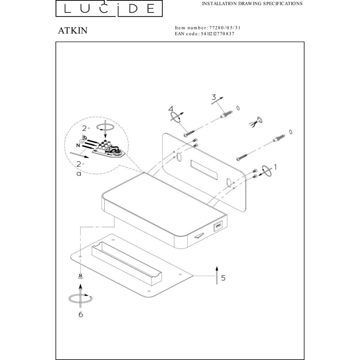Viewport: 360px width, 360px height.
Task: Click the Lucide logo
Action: tap(109, 8)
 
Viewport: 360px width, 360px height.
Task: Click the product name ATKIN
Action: tap(73, 30)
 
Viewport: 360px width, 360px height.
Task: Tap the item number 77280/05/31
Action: tap(225, 28)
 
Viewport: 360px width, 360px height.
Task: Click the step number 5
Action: tap(223, 278)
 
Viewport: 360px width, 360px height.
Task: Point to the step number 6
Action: tap(81, 314)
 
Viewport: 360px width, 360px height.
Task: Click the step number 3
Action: tap(214, 97)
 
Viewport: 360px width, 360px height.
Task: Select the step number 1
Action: tap(275, 167)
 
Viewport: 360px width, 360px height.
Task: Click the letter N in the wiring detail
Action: tap(78, 145)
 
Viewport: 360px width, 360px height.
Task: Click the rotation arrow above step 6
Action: tap(81, 298)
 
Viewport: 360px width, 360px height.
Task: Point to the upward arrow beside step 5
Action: tap(216, 275)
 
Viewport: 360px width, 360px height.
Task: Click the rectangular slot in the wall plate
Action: tap(204, 170)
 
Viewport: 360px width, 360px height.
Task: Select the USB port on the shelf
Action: tap(219, 226)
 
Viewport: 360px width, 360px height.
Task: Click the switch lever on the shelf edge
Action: tap(199, 236)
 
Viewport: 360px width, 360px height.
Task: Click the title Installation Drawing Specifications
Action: tap(252, 4)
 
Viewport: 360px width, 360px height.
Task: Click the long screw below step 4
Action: tap(189, 133)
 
